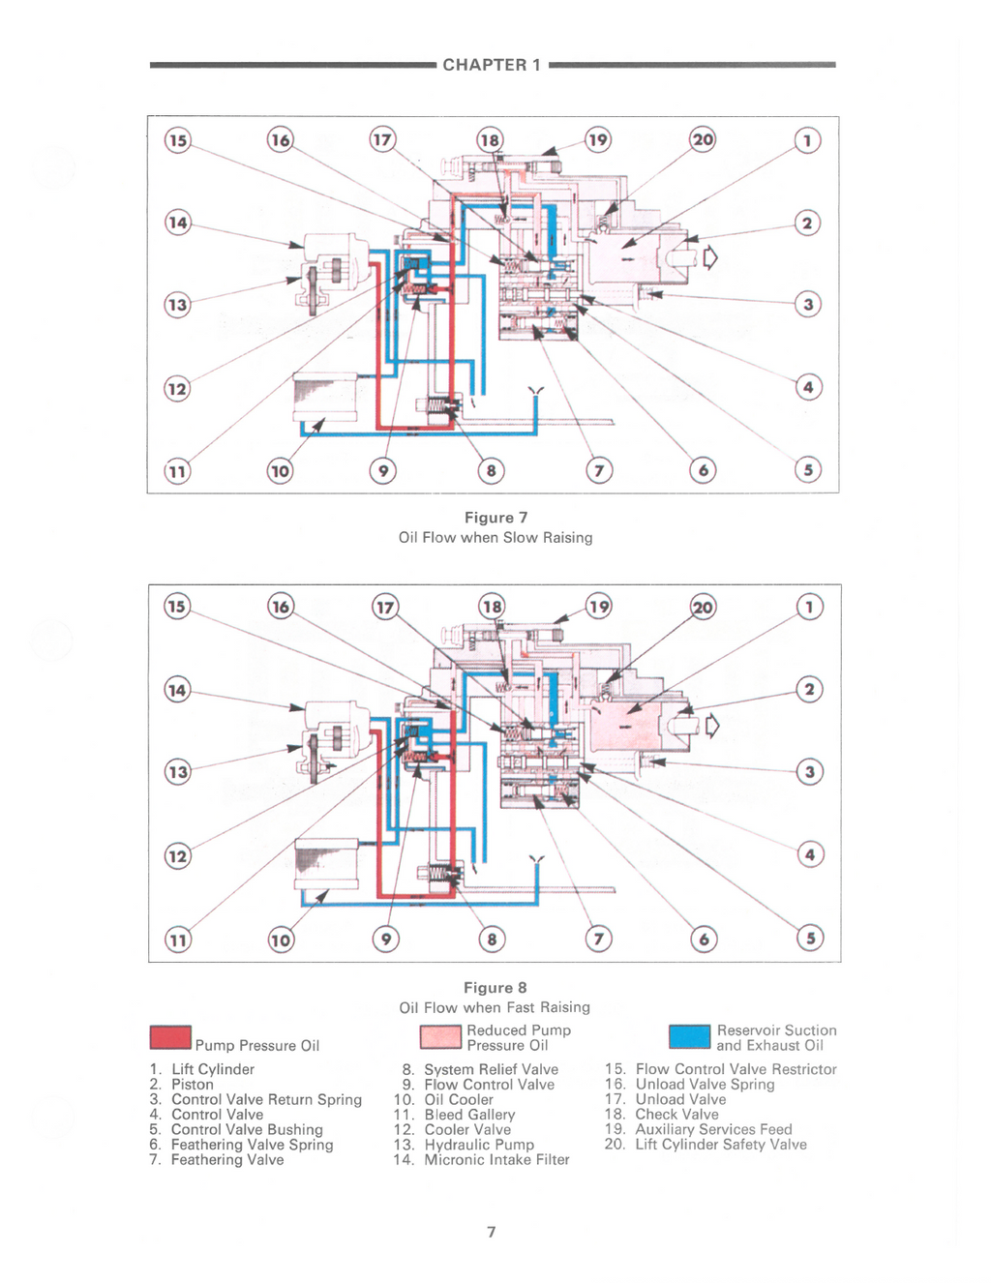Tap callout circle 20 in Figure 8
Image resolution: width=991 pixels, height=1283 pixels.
pyautogui.click(x=703, y=607)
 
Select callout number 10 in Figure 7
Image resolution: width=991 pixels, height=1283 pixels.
pyautogui.click(x=280, y=471)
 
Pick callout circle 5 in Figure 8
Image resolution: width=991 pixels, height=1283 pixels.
pyautogui.click(x=810, y=939)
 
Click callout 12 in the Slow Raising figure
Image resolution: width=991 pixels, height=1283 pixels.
pyautogui.click(x=177, y=389)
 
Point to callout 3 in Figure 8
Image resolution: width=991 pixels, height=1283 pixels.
pyautogui.click(x=810, y=772)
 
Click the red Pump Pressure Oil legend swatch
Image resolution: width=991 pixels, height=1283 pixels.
pyautogui.click(x=170, y=1038)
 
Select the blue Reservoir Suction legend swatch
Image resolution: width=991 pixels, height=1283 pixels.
pyautogui.click(x=689, y=1037)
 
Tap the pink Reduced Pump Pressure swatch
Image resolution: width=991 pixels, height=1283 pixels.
pyautogui.click(x=440, y=1037)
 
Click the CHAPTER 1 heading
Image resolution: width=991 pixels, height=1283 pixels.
pyautogui.click(x=492, y=65)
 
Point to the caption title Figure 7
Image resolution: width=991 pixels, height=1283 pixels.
pyautogui.click(x=496, y=518)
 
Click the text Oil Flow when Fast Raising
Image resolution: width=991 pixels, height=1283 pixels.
pyautogui.click(x=495, y=1006)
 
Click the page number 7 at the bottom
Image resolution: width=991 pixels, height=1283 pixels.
pyautogui.click(x=492, y=1232)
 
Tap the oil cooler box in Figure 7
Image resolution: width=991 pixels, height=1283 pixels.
pyautogui.click(x=325, y=397)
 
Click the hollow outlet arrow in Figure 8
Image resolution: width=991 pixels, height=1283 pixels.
pyautogui.click(x=712, y=726)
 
